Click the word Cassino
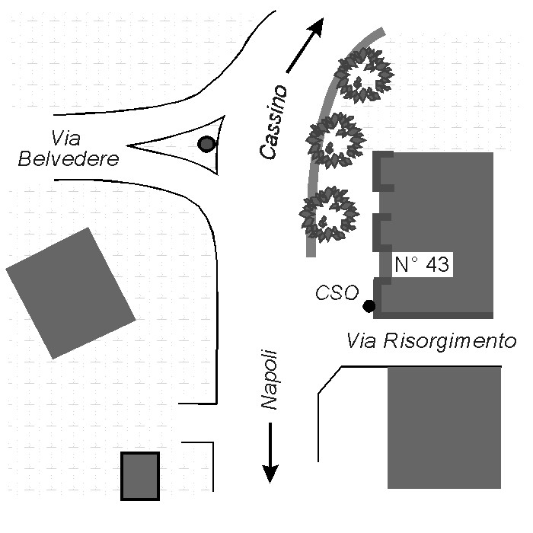click(x=275, y=122)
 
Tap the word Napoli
click(x=268, y=381)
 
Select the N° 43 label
click(x=423, y=265)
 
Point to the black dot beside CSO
click(x=369, y=306)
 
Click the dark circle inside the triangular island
click(x=206, y=143)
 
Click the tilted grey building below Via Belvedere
click(x=70, y=293)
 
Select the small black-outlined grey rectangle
click(x=140, y=476)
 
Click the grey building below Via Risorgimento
click(x=444, y=427)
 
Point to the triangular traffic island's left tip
click(x=129, y=145)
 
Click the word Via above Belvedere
click(x=66, y=138)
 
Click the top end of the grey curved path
click(x=381, y=32)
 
